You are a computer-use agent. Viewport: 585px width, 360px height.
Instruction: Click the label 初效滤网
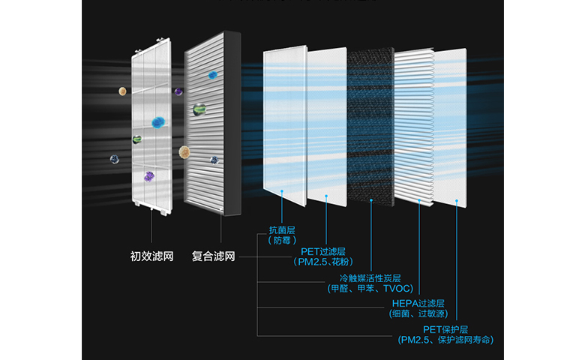(152, 256)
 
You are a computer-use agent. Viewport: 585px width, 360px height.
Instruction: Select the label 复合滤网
(214, 256)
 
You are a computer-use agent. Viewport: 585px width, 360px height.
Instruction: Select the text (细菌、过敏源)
(418, 314)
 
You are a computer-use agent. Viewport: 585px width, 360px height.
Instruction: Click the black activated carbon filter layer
(370, 124)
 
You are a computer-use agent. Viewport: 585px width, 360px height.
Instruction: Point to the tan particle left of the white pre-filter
(122, 91)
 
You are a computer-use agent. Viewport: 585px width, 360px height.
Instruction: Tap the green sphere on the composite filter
(198, 110)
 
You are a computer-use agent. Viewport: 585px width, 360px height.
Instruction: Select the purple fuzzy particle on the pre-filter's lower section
(149, 177)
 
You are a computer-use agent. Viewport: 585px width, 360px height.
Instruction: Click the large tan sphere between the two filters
(184, 152)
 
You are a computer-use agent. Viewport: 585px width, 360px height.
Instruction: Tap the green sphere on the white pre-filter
(137, 139)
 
